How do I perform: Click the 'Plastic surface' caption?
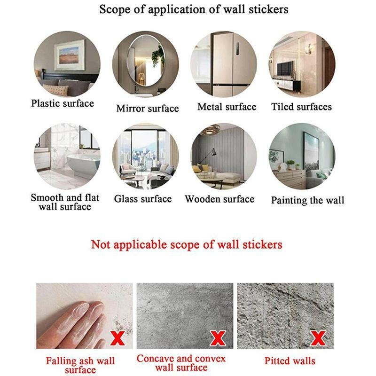pyautogui.click(x=63, y=103)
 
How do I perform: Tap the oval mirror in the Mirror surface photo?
pyautogui.click(x=146, y=61)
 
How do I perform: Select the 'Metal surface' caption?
pyautogui.click(x=227, y=107)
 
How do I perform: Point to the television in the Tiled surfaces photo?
pyautogui.click(x=285, y=68)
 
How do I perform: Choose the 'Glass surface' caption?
pyautogui.click(x=143, y=199)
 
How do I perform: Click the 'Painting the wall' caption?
pyautogui.click(x=308, y=200)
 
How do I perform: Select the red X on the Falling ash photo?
pyautogui.click(x=118, y=338)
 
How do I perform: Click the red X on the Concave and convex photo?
pyautogui.click(x=218, y=338)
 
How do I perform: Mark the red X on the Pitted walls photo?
pyautogui.click(x=318, y=338)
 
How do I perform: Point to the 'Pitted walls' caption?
pyautogui.click(x=290, y=361)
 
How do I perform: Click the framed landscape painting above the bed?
pyautogui.click(x=70, y=55)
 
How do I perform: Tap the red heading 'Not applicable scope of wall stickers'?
pyautogui.click(x=187, y=244)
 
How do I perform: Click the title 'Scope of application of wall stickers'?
pyautogui.click(x=194, y=9)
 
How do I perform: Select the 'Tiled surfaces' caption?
pyautogui.click(x=301, y=107)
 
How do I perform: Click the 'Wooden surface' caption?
pyautogui.click(x=219, y=199)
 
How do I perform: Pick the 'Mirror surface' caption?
pyautogui.click(x=148, y=109)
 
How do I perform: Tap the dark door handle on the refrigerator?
pyautogui.click(x=238, y=49)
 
